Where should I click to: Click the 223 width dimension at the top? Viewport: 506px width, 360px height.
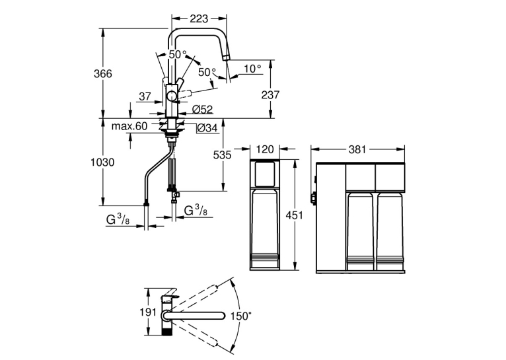click(199, 18)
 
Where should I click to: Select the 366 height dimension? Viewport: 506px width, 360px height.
click(103, 74)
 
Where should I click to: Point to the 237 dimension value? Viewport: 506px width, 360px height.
click(270, 95)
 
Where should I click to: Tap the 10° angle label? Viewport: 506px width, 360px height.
click(252, 69)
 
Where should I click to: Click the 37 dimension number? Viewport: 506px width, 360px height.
click(145, 96)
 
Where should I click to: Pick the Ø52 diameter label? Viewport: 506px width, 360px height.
click(203, 110)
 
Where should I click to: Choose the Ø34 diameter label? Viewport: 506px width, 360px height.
click(207, 128)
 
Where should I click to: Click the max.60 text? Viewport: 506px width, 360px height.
click(129, 126)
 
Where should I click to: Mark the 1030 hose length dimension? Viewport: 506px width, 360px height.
click(102, 162)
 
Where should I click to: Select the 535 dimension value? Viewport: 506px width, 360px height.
click(223, 155)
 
